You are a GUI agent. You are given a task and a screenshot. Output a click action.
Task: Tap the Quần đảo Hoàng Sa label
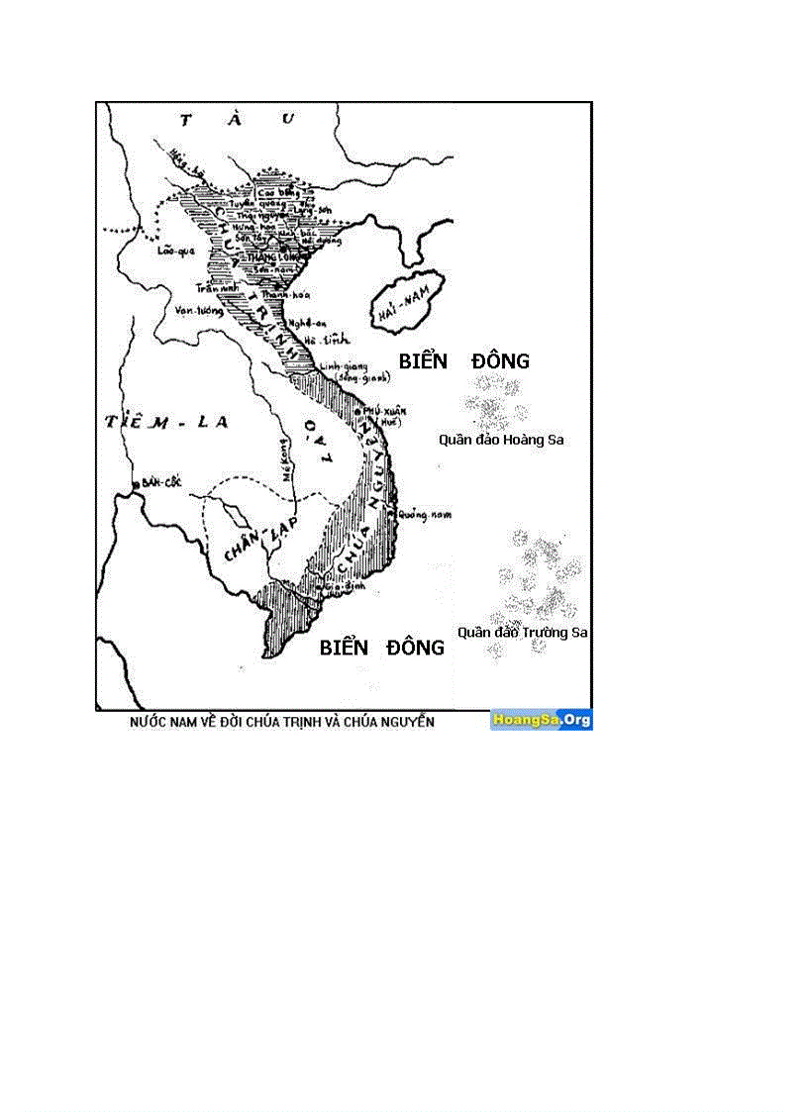(501, 440)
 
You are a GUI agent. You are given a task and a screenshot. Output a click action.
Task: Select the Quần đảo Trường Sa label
(522, 631)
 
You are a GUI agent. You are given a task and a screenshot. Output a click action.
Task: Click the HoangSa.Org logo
(541, 721)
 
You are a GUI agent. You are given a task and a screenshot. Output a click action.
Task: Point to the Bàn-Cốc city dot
(135, 484)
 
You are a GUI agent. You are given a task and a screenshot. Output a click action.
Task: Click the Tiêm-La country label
(166, 422)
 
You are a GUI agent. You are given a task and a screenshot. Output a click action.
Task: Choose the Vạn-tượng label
(196, 309)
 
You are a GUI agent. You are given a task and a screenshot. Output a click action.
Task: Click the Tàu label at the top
(238, 119)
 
